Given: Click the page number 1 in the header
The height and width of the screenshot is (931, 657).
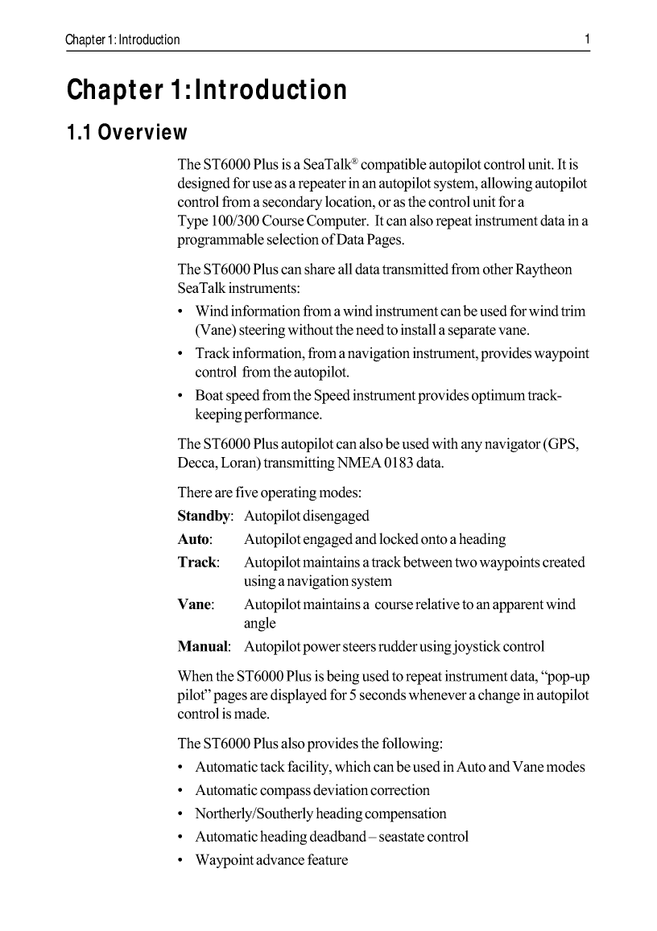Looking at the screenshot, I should click(x=587, y=39).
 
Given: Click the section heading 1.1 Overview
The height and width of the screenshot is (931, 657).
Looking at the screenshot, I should click(x=127, y=132).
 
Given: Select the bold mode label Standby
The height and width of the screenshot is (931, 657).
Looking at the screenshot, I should click(x=205, y=516).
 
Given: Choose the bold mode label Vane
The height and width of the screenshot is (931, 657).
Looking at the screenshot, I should click(x=194, y=604).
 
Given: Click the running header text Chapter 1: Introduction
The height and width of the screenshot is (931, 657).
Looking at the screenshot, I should click(x=123, y=39).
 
